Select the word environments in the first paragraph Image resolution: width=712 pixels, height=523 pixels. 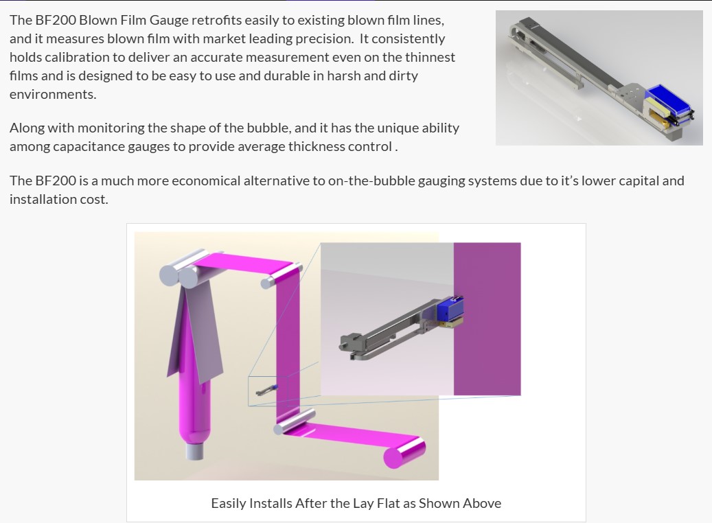(x=53, y=95)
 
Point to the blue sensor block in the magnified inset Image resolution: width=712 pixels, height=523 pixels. (x=450, y=309)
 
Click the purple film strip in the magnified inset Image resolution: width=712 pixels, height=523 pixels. (x=487, y=319)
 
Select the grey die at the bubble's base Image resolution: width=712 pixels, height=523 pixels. (x=194, y=451)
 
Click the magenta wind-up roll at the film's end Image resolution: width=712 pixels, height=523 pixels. (x=404, y=452)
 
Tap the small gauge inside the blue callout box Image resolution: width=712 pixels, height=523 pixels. (x=267, y=390)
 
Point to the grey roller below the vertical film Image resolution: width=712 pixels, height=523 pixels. (x=295, y=421)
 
